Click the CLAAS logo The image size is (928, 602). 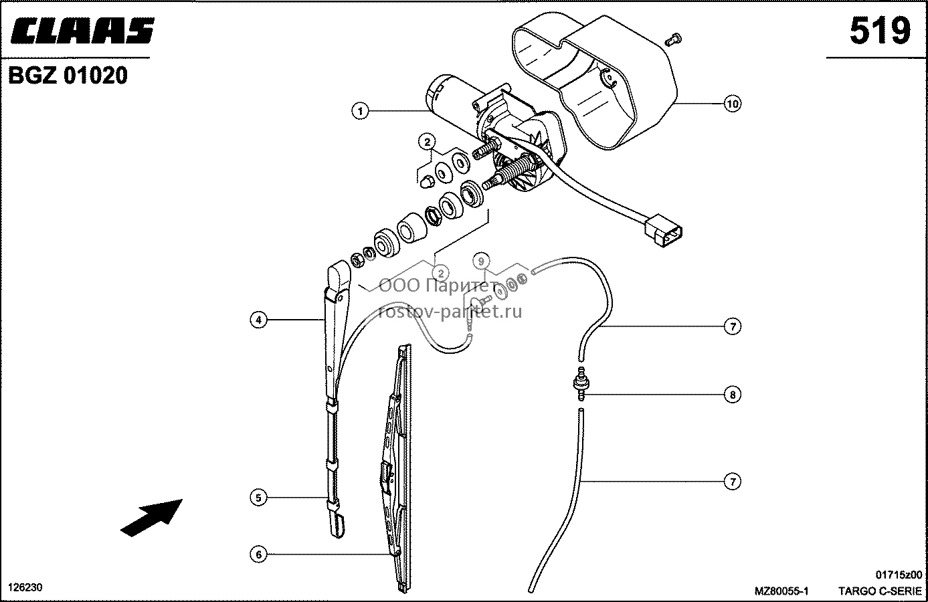click(82, 30)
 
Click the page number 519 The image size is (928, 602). click(880, 31)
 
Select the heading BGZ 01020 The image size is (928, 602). click(68, 76)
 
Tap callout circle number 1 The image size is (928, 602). click(360, 111)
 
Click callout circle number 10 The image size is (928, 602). click(733, 104)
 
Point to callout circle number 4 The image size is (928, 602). click(258, 320)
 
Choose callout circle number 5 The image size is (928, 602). click(258, 498)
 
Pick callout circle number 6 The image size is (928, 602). click(258, 555)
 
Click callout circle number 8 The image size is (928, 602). click(733, 395)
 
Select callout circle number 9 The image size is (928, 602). click(481, 261)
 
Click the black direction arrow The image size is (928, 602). click(151, 518)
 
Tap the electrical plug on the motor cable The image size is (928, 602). click(663, 230)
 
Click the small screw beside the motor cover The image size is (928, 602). click(673, 39)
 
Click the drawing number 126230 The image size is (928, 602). click(25, 587)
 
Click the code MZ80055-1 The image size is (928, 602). click(781, 591)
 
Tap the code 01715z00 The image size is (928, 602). click(899, 575)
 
